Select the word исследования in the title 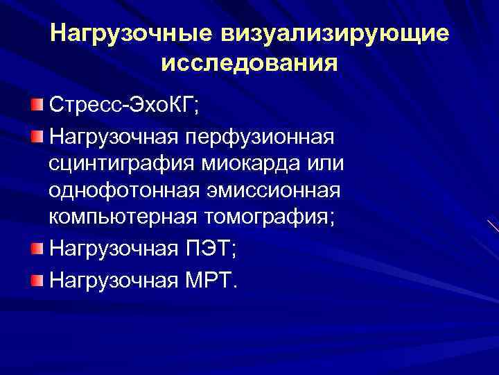pos(249,63)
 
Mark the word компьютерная pos(123,217)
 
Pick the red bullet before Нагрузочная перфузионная pos(37,133)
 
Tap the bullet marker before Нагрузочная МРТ pos(37,279)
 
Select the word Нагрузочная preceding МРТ pos(109,281)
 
